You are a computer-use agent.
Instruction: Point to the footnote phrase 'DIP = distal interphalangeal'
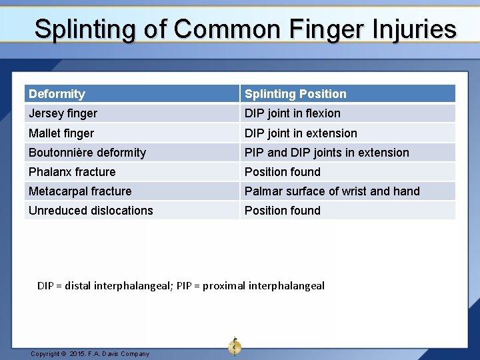105,286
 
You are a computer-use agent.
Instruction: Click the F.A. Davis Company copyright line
90,353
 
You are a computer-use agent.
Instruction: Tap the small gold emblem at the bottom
235,346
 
